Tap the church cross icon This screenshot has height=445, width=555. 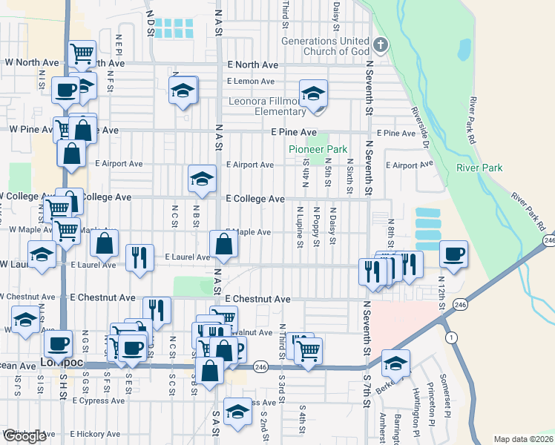tap(380, 44)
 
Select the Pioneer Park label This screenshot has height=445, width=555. tap(318, 149)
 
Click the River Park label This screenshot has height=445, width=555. tap(479, 168)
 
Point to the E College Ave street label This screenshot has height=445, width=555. tap(255, 199)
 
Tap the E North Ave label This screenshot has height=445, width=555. tap(252, 65)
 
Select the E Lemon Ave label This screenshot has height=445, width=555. tap(252, 80)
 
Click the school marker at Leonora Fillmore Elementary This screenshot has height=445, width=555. tap(314, 94)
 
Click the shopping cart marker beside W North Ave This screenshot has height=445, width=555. tap(82, 53)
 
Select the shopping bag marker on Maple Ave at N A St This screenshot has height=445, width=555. tap(223, 244)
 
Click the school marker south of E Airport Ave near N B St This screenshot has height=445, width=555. tap(201, 178)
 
